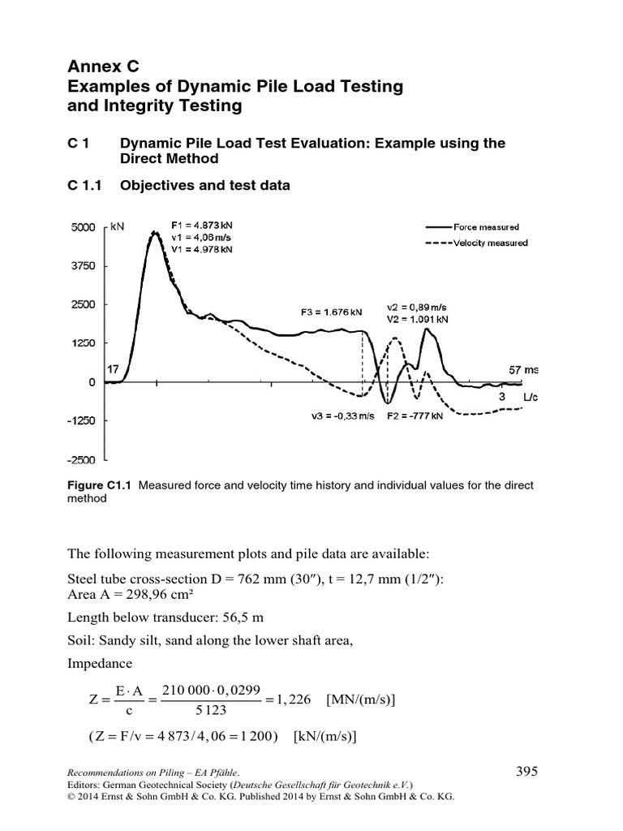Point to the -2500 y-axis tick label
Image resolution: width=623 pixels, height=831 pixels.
pos(83,459)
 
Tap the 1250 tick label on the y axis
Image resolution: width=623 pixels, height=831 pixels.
pos(84,343)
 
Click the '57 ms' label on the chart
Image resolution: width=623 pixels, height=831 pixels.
pos(524,369)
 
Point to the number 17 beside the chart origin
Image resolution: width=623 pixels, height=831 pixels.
pos(113,368)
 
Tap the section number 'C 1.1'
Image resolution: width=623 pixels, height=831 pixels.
pos(83,185)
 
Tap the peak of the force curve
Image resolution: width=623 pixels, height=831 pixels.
pos(154,232)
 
